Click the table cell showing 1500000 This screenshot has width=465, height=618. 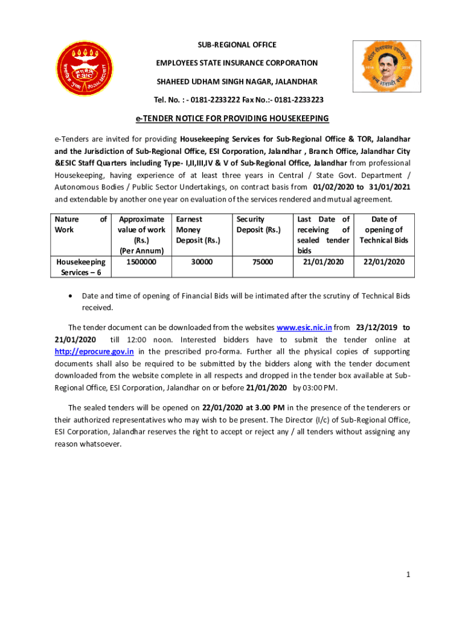[142, 262]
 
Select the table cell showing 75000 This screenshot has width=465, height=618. [263, 262]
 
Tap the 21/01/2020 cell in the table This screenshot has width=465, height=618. [323, 262]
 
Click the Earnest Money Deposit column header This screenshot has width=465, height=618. [198, 230]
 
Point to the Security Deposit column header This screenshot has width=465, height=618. [258, 225]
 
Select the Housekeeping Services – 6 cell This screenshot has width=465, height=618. [81, 267]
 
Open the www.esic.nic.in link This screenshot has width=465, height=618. [304, 328]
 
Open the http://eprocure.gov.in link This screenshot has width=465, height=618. [94, 351]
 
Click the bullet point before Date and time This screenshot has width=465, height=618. [72, 296]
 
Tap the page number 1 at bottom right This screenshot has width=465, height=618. [408, 575]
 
